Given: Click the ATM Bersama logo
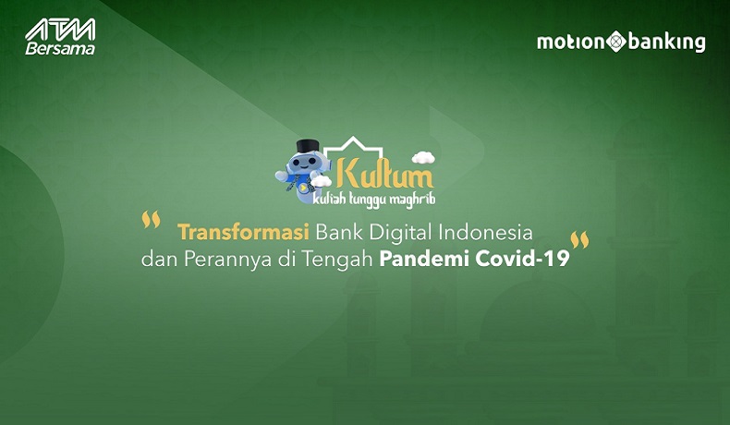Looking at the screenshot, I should pyautogui.click(x=59, y=36).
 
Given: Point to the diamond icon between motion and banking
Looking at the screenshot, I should pyautogui.click(x=616, y=42).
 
